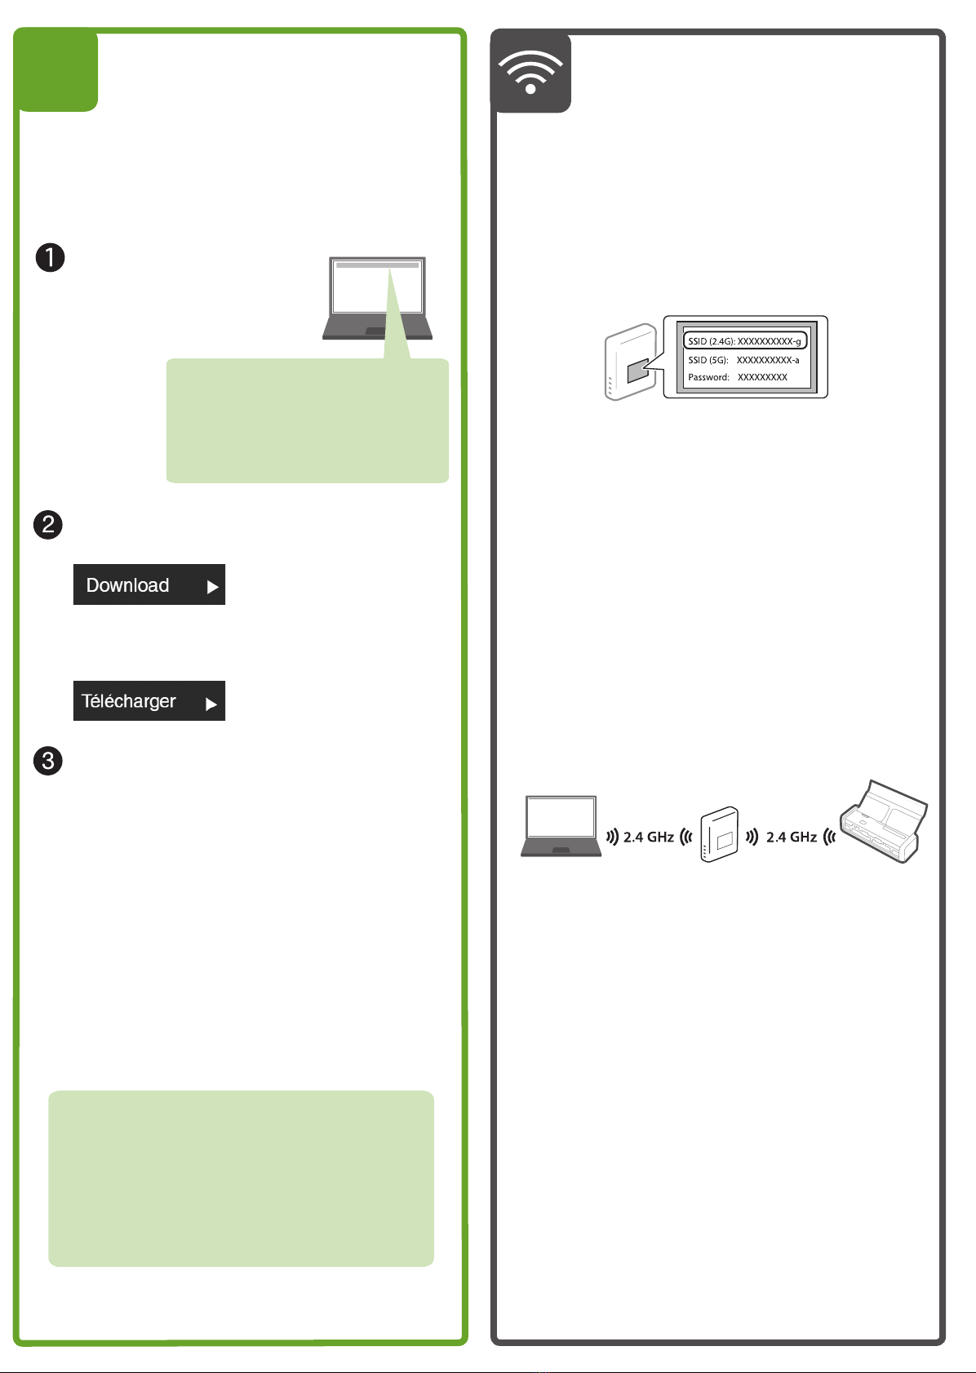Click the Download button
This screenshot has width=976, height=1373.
coord(149,584)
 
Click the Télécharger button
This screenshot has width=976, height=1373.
coord(149,701)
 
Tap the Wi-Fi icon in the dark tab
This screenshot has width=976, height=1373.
coord(530,73)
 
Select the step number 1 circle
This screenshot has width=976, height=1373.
coord(50,258)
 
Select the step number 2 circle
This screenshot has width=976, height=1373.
coord(48,524)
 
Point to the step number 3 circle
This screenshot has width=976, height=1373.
coord(48,761)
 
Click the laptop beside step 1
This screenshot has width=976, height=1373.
coord(377,298)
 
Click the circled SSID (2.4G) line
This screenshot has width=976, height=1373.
coord(744,341)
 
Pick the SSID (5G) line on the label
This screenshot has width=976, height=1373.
coord(743,360)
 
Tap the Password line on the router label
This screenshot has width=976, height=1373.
coord(738,377)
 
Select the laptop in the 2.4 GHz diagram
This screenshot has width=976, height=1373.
coord(561,825)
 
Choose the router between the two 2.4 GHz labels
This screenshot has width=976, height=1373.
coord(719,834)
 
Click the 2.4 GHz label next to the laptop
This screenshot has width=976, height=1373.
coord(649,837)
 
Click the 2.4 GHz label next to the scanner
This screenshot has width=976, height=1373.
coord(792,837)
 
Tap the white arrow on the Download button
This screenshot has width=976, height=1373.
coord(212,587)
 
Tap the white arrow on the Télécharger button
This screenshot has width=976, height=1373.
coord(211,704)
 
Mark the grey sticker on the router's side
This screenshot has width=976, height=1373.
coord(637,371)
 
